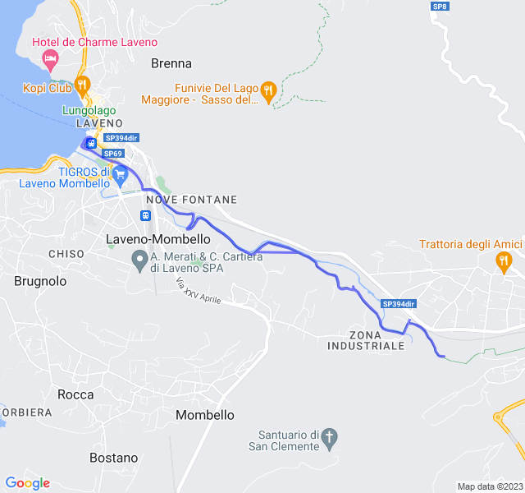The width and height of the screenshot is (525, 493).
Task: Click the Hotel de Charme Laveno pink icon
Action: click(x=50, y=58)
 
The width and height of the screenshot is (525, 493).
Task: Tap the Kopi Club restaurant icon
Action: click(x=82, y=85)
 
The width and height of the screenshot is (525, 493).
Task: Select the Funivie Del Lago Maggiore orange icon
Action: click(x=268, y=90)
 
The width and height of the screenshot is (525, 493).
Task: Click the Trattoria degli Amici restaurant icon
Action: click(x=504, y=262)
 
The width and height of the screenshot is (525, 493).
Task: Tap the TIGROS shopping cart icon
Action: click(x=121, y=173)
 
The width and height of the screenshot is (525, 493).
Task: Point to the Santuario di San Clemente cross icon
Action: click(x=329, y=436)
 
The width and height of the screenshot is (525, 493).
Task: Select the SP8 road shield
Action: click(x=441, y=7)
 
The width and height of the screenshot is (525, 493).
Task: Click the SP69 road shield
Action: click(x=113, y=154)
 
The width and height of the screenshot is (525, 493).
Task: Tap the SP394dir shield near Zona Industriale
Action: click(x=398, y=304)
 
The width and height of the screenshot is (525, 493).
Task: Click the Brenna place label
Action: click(x=171, y=63)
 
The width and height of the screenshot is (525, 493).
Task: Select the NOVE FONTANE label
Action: click(x=191, y=200)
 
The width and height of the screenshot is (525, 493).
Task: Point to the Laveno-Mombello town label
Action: click(x=158, y=238)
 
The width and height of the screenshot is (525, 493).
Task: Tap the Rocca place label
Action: click(x=75, y=394)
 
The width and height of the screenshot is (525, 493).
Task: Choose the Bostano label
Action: click(x=113, y=458)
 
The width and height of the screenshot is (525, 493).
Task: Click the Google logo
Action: click(x=27, y=483)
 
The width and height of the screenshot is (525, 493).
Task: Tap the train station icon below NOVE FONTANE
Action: click(x=145, y=216)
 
